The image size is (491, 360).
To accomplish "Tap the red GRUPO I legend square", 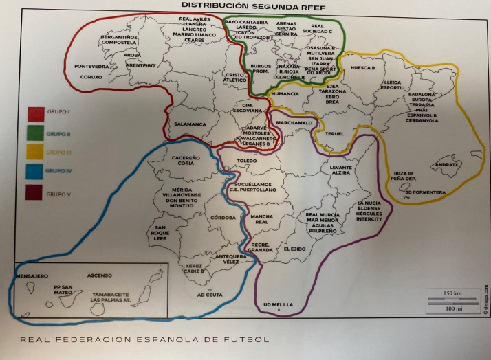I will tap(34, 113).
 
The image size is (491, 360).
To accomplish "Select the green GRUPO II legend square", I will tap(34, 133).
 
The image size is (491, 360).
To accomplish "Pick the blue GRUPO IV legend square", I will tap(34, 171).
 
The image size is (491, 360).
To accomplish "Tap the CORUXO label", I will tap(91, 77).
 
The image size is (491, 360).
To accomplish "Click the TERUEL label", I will tap(334, 133).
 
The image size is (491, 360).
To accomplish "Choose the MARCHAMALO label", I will tap(294, 122).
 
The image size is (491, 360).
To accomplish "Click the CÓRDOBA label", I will tap(223, 218).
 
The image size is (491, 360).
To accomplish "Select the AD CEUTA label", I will tap(211, 295).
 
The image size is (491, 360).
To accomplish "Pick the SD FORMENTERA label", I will tap(427, 192).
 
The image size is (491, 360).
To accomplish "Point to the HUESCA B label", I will tap(362, 69).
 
